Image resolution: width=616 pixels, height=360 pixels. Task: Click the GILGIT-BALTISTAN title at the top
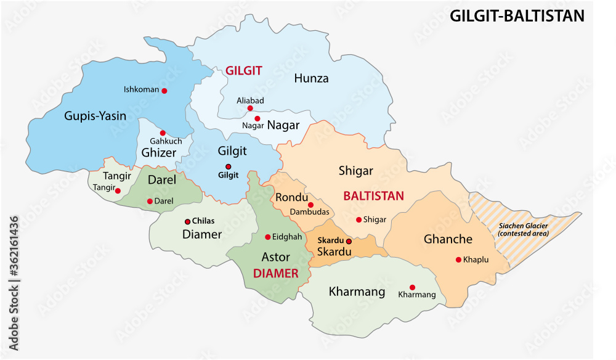click(x=517, y=16)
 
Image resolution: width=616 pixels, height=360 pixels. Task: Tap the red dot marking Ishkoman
click(x=164, y=90)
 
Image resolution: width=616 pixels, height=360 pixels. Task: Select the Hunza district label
click(x=311, y=78)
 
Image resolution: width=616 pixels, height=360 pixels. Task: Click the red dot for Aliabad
click(x=250, y=108)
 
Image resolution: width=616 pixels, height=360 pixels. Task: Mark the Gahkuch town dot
click(x=163, y=133)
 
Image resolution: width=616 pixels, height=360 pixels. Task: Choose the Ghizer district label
click(x=159, y=153)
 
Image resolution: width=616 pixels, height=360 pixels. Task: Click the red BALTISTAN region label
click(x=373, y=196)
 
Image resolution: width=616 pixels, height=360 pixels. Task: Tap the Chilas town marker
click(x=188, y=221)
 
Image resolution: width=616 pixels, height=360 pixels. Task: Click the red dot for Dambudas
click(x=310, y=205)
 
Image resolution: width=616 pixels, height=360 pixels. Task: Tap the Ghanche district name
click(x=448, y=239)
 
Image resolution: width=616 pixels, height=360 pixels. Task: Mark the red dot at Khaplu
click(x=458, y=260)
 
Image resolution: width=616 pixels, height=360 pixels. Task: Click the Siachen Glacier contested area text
click(x=521, y=229)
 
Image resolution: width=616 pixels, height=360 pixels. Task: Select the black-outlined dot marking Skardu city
click(x=349, y=241)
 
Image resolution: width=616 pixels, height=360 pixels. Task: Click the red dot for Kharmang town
click(x=412, y=287)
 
